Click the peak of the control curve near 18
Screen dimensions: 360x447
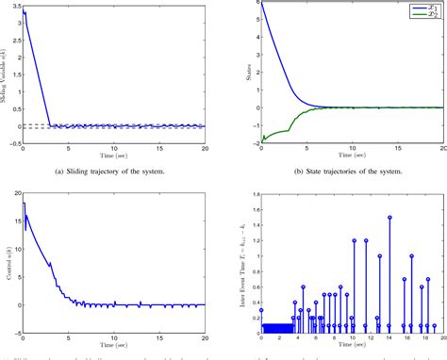[x=24, y=204]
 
